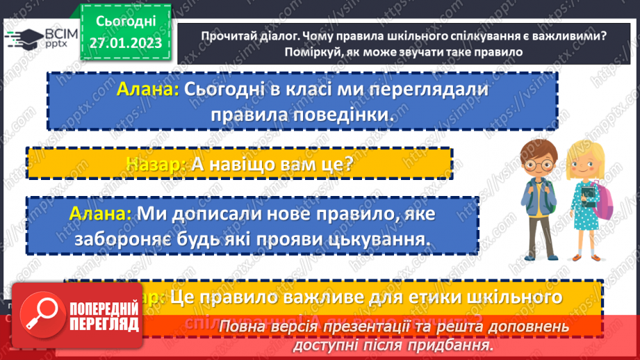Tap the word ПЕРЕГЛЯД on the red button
104,325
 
